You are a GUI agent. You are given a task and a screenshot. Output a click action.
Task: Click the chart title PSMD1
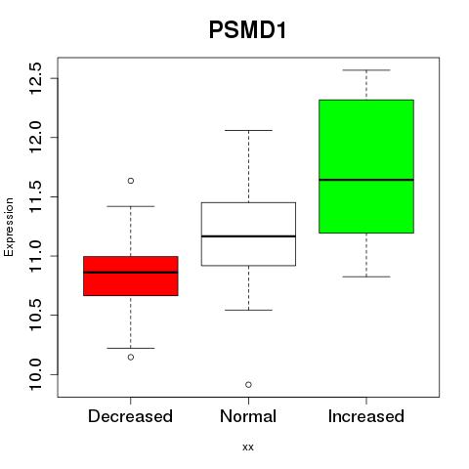coord(247,30)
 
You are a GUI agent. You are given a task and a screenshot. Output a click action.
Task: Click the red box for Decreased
coord(131,276)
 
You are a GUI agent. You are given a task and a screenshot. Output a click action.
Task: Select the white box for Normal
coord(248,234)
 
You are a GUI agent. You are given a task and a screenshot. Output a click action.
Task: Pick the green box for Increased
coord(366,166)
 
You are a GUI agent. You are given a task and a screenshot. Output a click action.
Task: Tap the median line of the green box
coord(366,180)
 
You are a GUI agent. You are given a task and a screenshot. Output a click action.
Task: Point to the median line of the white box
coord(248,236)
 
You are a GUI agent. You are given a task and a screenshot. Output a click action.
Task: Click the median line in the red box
coord(131,273)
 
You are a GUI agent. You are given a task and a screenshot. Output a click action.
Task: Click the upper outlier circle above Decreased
coord(131,181)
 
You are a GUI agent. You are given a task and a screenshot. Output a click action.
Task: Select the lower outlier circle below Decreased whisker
coord(131,358)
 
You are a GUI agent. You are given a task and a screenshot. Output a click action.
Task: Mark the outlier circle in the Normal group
coord(248,385)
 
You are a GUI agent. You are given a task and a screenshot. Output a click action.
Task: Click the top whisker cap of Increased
coord(366,70)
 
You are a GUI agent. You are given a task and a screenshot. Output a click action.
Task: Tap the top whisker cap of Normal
coord(248,130)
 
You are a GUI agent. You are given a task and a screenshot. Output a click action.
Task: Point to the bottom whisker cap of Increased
coord(366,277)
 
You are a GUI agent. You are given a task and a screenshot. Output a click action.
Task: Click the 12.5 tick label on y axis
coord(35,78)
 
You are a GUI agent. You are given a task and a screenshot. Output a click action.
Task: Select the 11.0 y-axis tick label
coord(35,256)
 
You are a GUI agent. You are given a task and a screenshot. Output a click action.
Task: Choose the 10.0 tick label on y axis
coord(35,374)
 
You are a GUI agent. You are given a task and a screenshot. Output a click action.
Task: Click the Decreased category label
coord(130,416)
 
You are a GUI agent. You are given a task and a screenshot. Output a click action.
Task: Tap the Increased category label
coord(366,416)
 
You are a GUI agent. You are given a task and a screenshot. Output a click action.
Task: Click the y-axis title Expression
coord(9,227)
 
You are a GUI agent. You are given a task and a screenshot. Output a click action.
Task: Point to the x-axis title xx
coord(248,448)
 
